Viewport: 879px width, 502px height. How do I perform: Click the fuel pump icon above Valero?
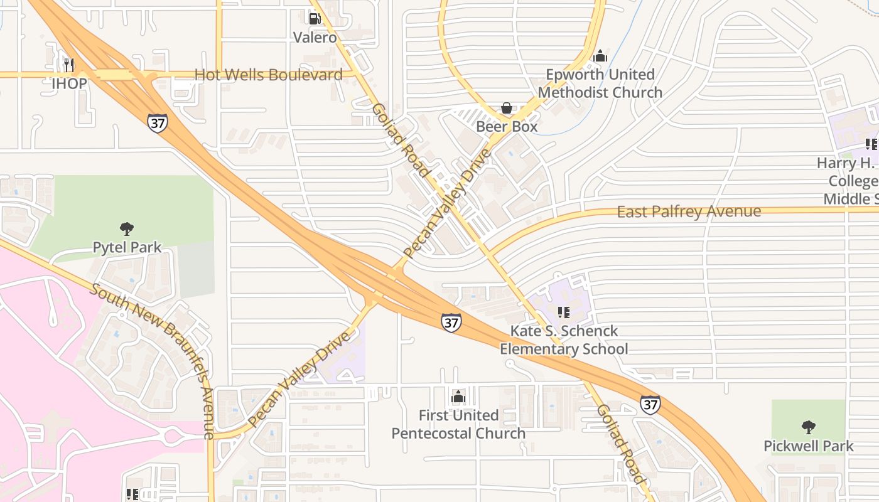pyautogui.click(x=315, y=19)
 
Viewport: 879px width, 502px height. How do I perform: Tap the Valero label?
pyautogui.click(x=315, y=38)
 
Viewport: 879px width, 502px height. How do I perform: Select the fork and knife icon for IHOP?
pyautogui.click(x=69, y=65)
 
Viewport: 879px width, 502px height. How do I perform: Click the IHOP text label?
pyautogui.click(x=69, y=83)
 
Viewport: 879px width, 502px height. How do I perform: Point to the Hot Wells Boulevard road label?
pyautogui.click(x=269, y=75)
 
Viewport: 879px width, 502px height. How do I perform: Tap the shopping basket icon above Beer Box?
pyautogui.click(x=507, y=108)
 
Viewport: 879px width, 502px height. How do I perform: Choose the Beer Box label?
pyautogui.click(x=507, y=127)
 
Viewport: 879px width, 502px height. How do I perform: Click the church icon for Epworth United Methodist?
pyautogui.click(x=600, y=56)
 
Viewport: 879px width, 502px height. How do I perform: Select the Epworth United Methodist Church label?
pyautogui.click(x=600, y=83)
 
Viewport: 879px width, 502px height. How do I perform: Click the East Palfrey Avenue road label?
pyautogui.click(x=689, y=212)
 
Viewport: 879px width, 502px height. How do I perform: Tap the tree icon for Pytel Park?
pyautogui.click(x=127, y=228)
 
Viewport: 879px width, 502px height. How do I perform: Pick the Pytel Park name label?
pyautogui.click(x=127, y=248)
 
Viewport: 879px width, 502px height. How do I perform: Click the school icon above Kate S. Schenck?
pyautogui.click(x=563, y=312)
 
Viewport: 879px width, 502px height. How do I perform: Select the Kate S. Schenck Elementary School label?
pyautogui.click(x=564, y=340)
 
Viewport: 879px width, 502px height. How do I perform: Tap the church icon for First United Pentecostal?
pyautogui.click(x=458, y=397)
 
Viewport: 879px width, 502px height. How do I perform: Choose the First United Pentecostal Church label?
pyautogui.click(x=458, y=425)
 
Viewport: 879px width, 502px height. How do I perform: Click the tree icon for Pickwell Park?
pyautogui.click(x=809, y=427)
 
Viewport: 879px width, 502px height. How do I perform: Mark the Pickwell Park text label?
pyautogui.click(x=809, y=447)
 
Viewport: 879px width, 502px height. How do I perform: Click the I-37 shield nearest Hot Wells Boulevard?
pyautogui.click(x=158, y=122)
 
